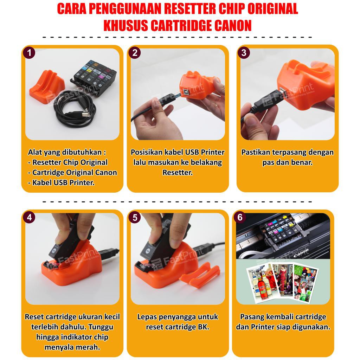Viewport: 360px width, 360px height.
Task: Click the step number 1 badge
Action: tap(29, 53)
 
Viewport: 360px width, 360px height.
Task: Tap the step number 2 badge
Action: tap(135, 53)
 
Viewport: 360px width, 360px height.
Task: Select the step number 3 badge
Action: tap(244, 53)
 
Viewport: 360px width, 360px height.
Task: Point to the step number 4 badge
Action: tap(29, 217)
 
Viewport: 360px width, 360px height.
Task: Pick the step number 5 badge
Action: tap(135, 217)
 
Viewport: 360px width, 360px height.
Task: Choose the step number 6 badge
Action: tap(240, 217)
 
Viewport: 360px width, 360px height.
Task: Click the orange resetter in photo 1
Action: tap(47, 85)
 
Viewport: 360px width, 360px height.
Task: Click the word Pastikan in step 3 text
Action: tap(256, 152)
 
